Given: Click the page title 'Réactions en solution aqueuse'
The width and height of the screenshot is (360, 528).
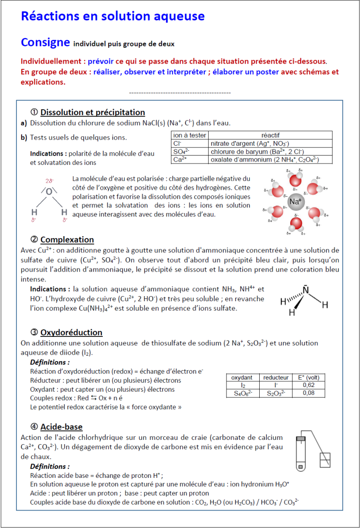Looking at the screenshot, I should tap(112, 16).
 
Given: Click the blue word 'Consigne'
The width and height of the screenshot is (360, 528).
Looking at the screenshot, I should tap(45, 42).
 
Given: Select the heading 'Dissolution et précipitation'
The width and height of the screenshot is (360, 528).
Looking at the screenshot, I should tap(92, 112).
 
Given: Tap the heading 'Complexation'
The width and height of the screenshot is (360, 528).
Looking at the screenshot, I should tap(67, 240).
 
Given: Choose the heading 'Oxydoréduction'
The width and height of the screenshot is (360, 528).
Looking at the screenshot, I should tap(71, 333).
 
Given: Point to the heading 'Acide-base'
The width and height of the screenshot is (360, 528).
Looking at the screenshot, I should tap(61, 427).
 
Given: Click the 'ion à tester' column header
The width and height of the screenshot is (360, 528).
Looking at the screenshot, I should tap(189, 135).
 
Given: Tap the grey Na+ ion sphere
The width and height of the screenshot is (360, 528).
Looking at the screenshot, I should tap(295, 202).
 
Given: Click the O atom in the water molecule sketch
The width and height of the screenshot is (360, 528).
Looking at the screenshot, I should tap(49, 191).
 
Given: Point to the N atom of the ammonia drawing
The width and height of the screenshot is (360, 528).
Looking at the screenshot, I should tap(306, 290).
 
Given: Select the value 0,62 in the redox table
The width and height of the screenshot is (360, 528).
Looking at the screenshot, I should tap(308, 385).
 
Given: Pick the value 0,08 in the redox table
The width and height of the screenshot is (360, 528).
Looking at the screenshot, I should tap(308, 393).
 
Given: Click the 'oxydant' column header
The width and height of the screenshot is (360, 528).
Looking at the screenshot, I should tap(242, 377).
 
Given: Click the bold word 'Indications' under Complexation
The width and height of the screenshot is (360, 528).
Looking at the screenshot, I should tap(50, 289).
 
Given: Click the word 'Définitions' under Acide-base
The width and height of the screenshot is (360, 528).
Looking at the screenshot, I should tap(49, 467).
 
